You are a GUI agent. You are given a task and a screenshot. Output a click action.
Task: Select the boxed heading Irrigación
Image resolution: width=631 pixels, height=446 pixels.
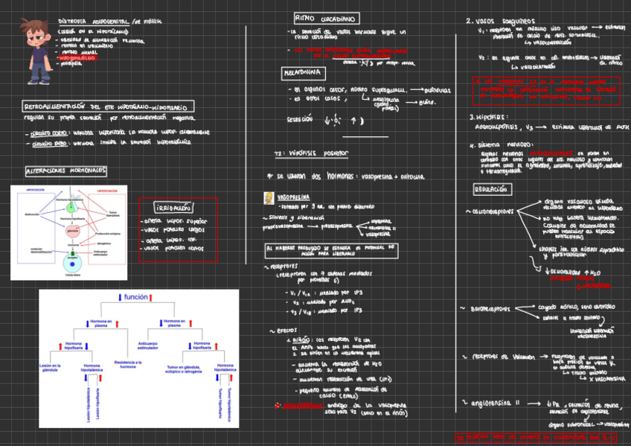173,208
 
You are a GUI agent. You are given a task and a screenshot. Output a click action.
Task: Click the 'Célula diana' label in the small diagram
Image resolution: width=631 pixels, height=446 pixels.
73,275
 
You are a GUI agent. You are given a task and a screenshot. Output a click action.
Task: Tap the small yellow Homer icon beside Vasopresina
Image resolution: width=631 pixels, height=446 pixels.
267,199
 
